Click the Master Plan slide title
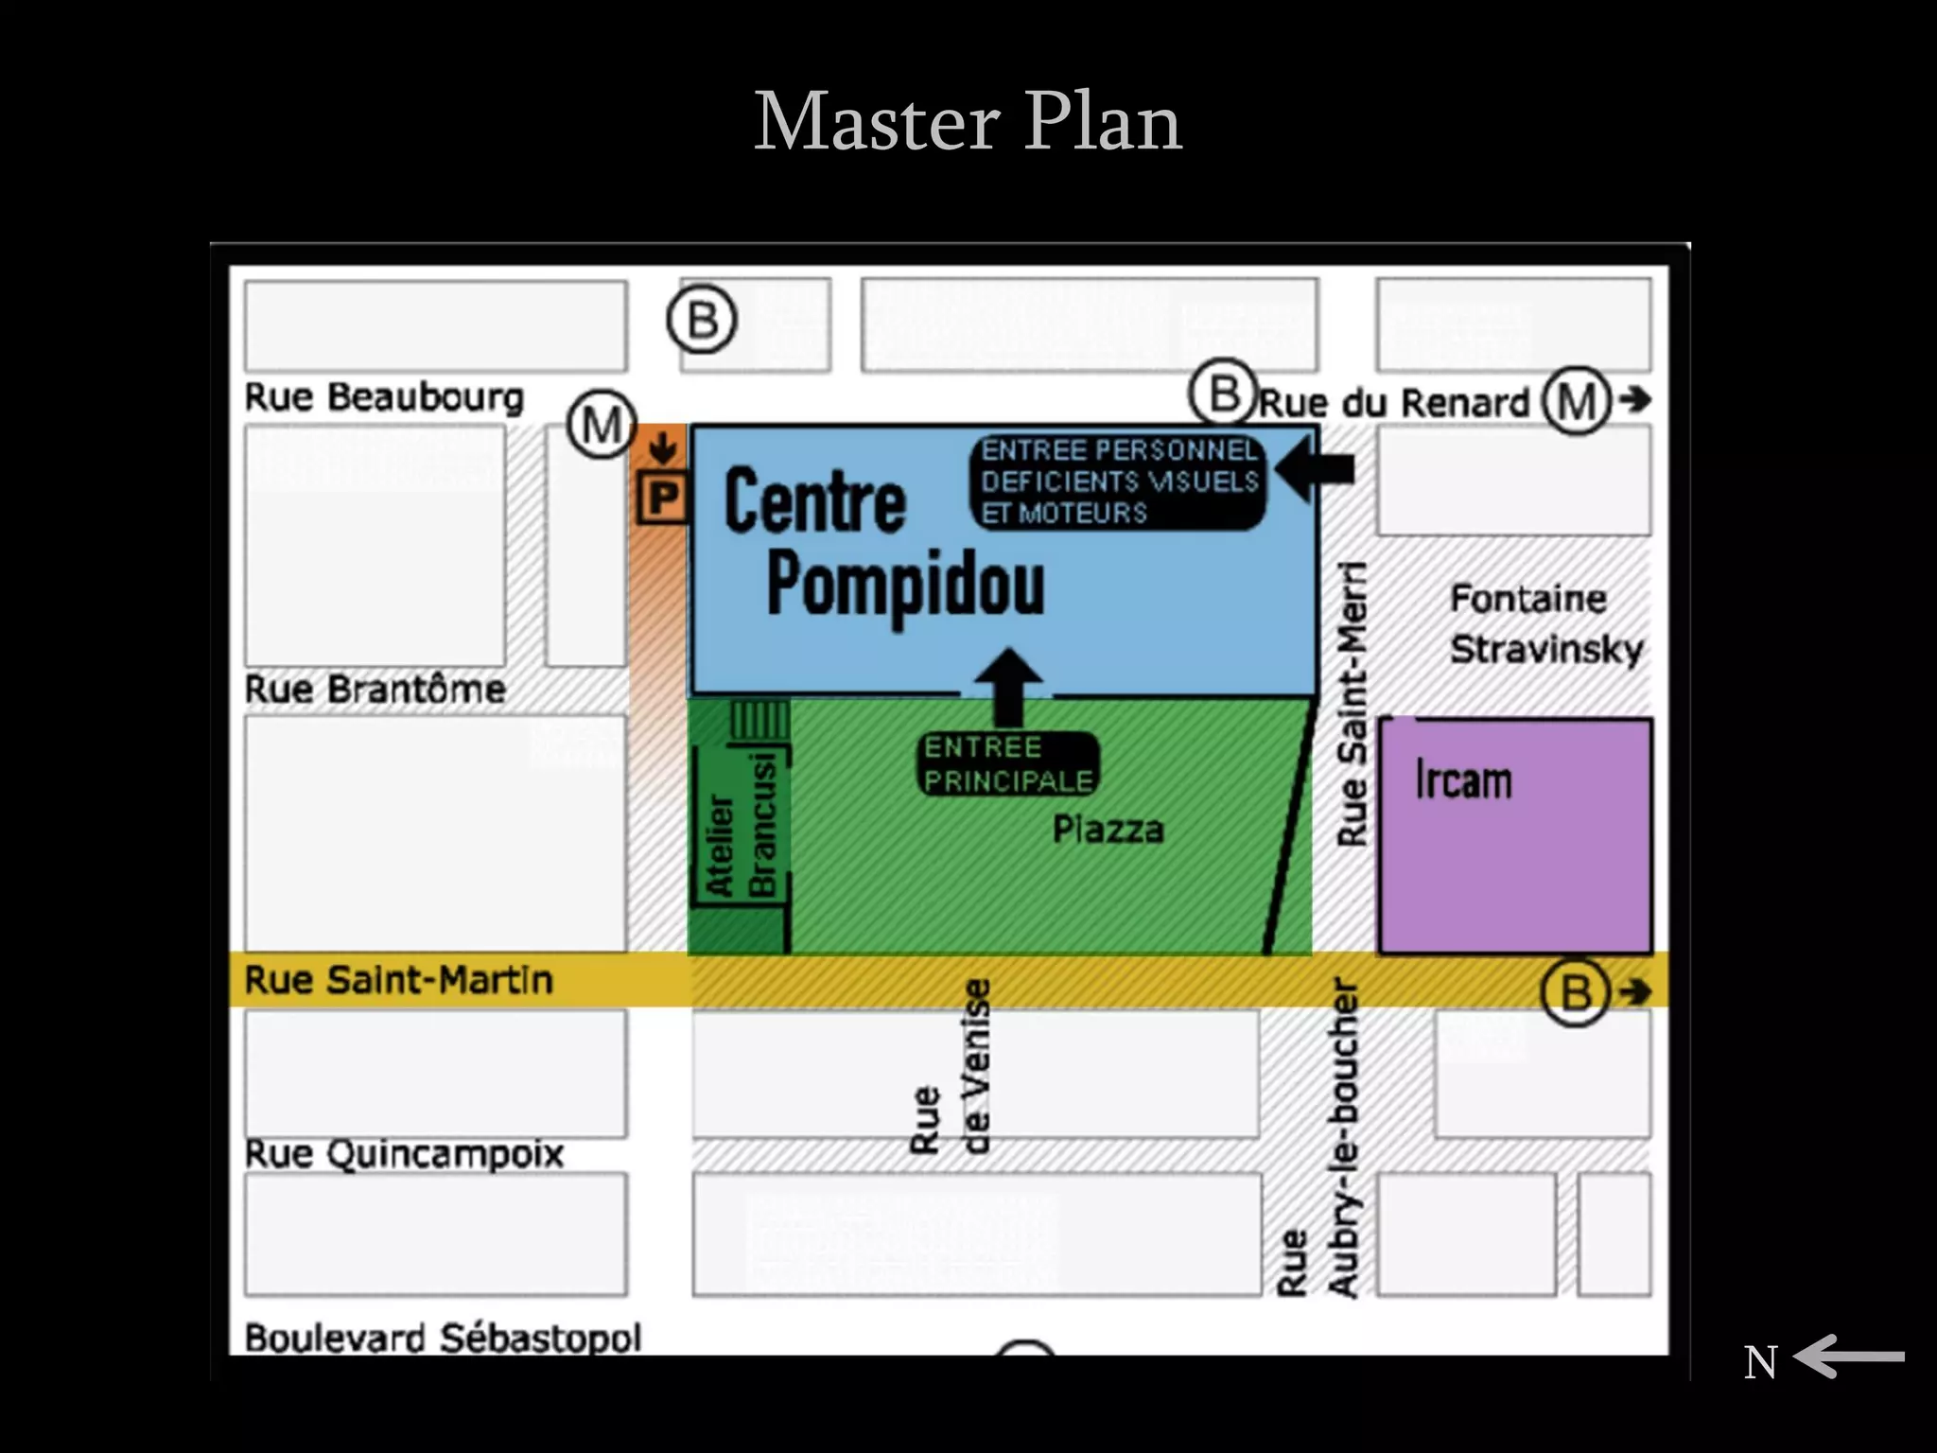click(968, 122)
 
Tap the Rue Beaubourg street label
click(384, 397)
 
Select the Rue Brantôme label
click(375, 689)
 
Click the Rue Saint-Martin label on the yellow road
click(398, 980)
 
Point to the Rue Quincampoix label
click(404, 1154)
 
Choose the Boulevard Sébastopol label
click(443, 1337)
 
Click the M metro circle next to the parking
click(602, 425)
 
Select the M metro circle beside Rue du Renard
click(1577, 400)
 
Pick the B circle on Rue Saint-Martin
click(1576, 992)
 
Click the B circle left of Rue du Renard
click(1224, 392)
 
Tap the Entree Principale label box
click(1008, 764)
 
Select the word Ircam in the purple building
click(1463, 781)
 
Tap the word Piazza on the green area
click(1108, 831)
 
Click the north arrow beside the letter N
click(1848, 1357)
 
